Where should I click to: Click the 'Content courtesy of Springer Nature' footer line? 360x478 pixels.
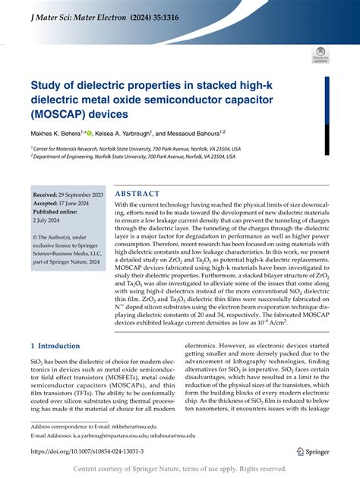pos(179,469)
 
